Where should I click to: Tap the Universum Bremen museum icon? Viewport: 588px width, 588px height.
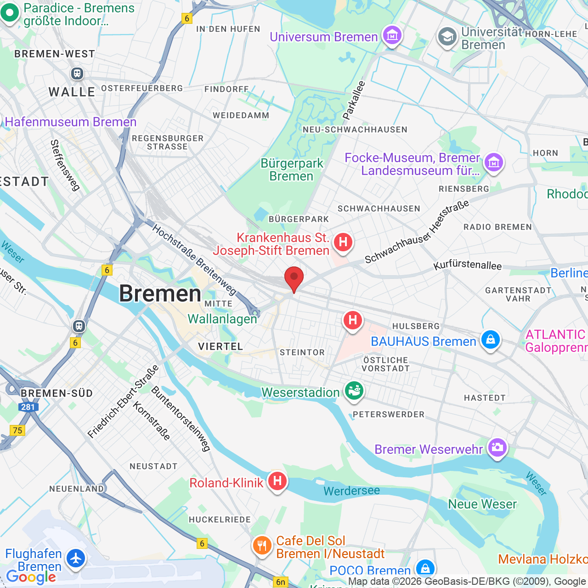(x=392, y=35)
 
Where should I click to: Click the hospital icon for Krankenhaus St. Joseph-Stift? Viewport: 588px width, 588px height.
(x=343, y=242)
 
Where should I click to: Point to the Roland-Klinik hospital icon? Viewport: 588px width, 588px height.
(x=277, y=481)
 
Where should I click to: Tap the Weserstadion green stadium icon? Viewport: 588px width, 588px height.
(x=354, y=391)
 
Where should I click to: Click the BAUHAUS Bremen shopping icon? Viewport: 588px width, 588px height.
(x=490, y=340)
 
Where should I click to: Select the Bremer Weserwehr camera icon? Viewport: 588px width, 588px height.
(x=497, y=447)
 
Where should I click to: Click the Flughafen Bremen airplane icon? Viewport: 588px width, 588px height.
(x=75, y=559)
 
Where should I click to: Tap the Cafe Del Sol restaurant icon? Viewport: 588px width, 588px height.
(x=262, y=545)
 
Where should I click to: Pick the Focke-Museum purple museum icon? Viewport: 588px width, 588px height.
(x=494, y=163)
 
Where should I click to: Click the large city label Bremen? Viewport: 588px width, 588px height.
(x=160, y=294)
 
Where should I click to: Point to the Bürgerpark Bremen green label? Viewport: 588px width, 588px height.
(x=292, y=170)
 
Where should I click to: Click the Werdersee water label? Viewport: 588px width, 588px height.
(x=351, y=491)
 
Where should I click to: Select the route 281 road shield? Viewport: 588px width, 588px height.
(x=28, y=407)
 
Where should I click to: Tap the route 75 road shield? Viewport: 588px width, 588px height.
(x=17, y=430)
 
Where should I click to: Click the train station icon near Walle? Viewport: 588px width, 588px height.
(x=77, y=73)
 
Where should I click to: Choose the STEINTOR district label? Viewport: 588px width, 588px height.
(x=302, y=352)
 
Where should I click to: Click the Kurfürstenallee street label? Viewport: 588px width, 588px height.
(x=468, y=265)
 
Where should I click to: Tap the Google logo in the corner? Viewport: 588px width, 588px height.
(x=31, y=577)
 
